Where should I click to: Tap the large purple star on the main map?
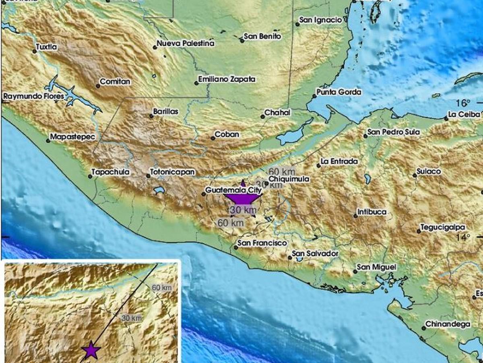pos(242,198)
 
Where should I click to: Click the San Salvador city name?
pos(315,254)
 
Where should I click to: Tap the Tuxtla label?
pos(47,47)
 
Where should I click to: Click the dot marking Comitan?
pos(98,86)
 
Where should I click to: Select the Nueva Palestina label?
pos(186,43)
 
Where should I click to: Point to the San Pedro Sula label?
pos(394,132)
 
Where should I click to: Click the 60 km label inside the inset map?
pos(162,288)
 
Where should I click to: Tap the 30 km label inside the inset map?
pos(132,318)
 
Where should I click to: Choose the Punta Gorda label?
pos(339,92)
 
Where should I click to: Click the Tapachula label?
pos(110,172)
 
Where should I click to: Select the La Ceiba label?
pos(464,115)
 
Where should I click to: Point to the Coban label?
pos(227,135)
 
